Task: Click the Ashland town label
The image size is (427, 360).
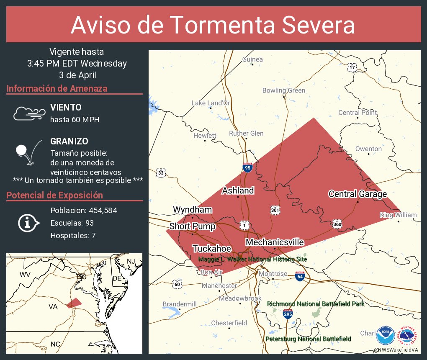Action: pyautogui.click(x=238, y=190)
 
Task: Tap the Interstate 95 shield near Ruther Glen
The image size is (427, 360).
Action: pyautogui.click(x=247, y=167)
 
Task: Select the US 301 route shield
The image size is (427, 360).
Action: pyautogui.click(x=275, y=210)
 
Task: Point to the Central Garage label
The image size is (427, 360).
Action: pyautogui.click(x=358, y=194)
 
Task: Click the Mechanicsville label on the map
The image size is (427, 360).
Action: pyautogui.click(x=275, y=242)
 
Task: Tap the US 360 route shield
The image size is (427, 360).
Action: pyautogui.click(x=337, y=224)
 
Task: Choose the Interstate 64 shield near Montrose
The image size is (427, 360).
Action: pyautogui.click(x=299, y=276)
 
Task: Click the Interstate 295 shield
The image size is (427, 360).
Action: pyautogui.click(x=288, y=314)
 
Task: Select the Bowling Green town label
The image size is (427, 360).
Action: pyautogui.click(x=284, y=90)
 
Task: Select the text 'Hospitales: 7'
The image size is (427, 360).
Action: pyautogui.click(x=73, y=236)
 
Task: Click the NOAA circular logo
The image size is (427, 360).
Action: pyautogui.click(x=385, y=335)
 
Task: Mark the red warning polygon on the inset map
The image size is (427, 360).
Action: pyautogui.click(x=74, y=303)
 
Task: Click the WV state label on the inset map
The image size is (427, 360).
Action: pyautogui.click(x=25, y=274)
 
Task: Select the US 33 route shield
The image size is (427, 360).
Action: pyautogui.click(x=160, y=172)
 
